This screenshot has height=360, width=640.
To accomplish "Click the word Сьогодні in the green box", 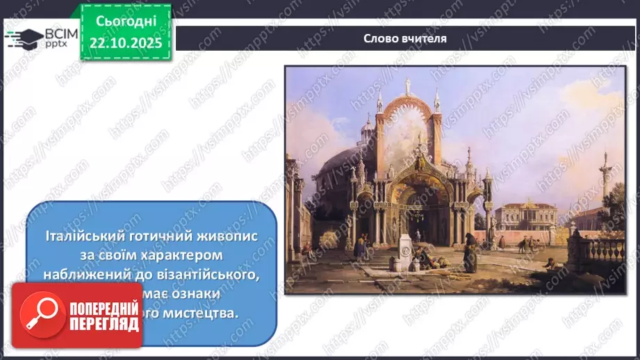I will pyautogui.click(x=126, y=22).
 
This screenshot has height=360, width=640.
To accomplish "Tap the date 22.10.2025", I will pyautogui.click(x=126, y=43).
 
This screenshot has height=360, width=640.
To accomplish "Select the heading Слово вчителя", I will pyautogui.click(x=404, y=38).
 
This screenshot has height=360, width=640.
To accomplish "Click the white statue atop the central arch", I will pyautogui.click(x=407, y=86).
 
